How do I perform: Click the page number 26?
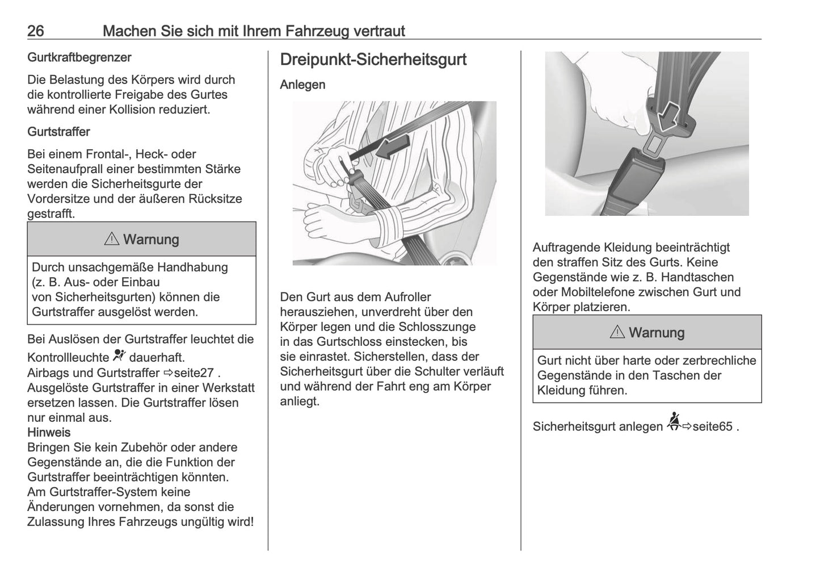pyautogui.click(x=36, y=31)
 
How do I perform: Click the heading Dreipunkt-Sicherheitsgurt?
pyautogui.click(x=373, y=60)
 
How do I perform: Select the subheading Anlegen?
pyautogui.click(x=302, y=85)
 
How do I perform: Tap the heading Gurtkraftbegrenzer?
pyautogui.click(x=79, y=57)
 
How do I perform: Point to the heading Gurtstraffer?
pyautogui.click(x=58, y=132)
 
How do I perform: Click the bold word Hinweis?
pyautogui.click(x=49, y=433)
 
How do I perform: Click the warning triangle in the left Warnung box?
pyautogui.click(x=111, y=240)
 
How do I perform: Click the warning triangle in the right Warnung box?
pyautogui.click(x=617, y=333)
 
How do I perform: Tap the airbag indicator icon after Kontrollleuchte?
pyautogui.click(x=119, y=356)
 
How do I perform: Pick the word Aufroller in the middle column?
pyautogui.click(x=407, y=297)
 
